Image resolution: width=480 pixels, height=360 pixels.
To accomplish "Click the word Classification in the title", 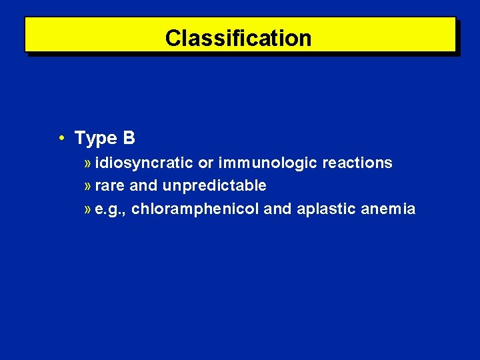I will click(238, 38).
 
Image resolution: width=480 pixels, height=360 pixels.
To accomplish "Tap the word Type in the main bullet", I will click(95, 138).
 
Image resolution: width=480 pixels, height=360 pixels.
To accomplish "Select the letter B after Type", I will click(129, 138).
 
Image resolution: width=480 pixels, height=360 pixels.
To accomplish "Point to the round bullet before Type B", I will click(61, 138).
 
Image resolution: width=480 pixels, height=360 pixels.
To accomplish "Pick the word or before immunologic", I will click(205, 163).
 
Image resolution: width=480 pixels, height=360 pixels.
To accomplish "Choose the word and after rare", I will click(143, 186).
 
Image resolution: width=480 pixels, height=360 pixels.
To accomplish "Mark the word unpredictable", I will click(215, 186).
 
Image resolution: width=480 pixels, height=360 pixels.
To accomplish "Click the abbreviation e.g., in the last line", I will click(111, 209).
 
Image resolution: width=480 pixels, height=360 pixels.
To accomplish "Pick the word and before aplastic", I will click(278, 209).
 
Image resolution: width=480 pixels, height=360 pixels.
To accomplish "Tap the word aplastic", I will click(326, 209).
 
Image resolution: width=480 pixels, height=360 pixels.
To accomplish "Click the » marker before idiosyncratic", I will click(89, 163).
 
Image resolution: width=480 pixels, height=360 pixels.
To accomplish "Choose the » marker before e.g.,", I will click(89, 210).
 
